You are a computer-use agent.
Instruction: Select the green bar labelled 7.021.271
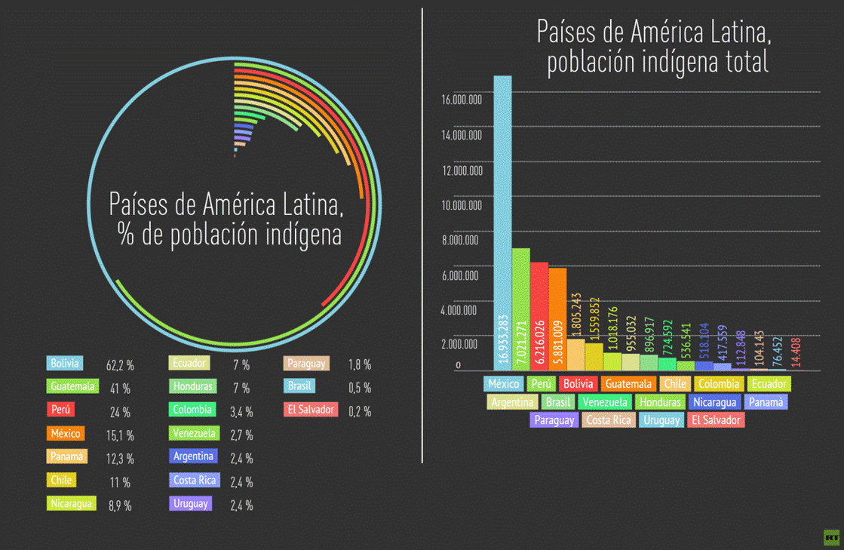(520, 309)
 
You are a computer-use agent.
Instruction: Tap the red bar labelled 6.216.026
(539, 316)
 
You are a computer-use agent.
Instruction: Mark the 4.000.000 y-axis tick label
(459, 310)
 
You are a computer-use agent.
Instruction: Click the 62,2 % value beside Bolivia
(120, 366)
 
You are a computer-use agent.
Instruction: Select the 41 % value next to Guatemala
(120, 389)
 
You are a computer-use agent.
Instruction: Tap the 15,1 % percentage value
(120, 435)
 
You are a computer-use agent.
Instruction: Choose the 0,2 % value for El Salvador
(359, 412)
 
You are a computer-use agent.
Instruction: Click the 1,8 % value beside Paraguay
(359, 365)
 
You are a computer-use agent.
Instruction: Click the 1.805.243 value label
(576, 317)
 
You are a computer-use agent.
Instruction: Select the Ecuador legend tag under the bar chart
(769, 384)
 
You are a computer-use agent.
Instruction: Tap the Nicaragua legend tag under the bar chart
(714, 402)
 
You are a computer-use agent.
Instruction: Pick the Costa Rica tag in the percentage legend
(194, 481)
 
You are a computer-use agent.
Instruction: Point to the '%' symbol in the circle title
(125, 235)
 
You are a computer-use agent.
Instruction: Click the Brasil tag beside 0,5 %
(299, 386)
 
